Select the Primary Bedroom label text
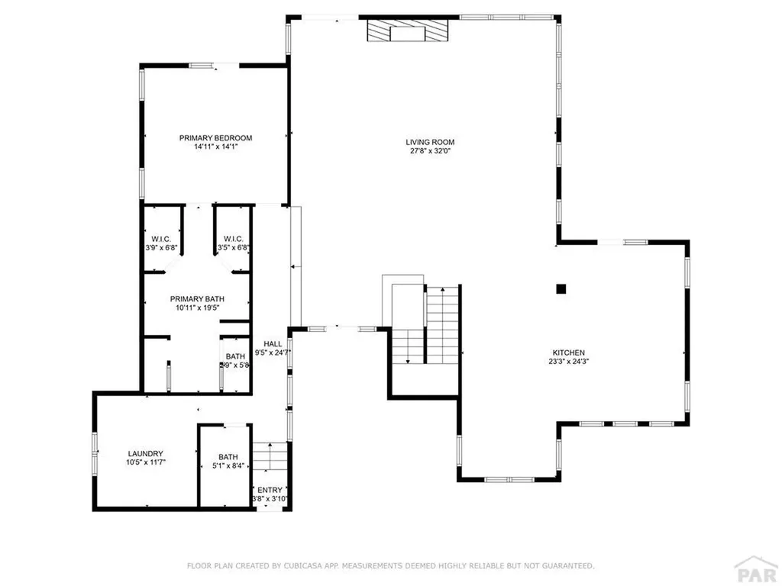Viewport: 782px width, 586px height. click(x=215, y=138)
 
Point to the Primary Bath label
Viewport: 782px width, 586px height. click(x=197, y=299)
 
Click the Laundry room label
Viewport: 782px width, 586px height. click(x=145, y=453)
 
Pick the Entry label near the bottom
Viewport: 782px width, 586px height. click(x=270, y=490)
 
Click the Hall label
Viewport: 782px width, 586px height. click(x=273, y=343)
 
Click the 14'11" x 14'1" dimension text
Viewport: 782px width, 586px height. click(x=215, y=147)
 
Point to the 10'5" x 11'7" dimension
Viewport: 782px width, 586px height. click(x=145, y=462)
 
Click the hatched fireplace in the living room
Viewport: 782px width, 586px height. click(x=407, y=31)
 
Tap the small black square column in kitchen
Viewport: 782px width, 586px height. click(x=561, y=288)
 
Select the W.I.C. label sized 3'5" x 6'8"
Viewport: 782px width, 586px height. click(x=233, y=239)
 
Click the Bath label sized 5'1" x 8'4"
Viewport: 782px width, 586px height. click(x=228, y=458)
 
